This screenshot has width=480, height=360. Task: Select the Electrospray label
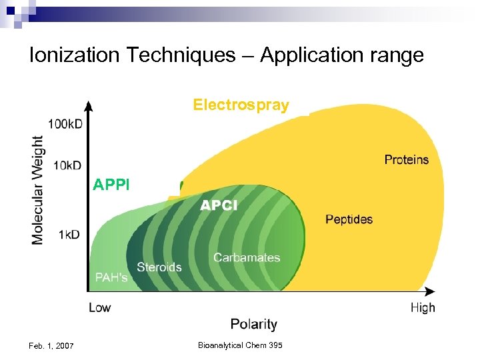[x=241, y=105]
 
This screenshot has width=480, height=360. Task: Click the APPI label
[x=111, y=184]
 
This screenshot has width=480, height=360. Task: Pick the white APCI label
[x=219, y=206]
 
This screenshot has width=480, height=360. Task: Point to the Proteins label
[x=406, y=159]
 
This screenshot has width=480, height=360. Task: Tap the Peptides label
[x=349, y=219]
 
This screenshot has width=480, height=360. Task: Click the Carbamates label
[x=247, y=257]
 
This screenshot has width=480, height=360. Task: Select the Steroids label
[x=159, y=267]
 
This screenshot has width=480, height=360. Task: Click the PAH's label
[x=111, y=277]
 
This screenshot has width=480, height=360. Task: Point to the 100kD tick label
[x=65, y=125]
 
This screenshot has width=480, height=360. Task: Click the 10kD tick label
[x=68, y=165]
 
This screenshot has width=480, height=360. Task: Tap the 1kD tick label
[x=69, y=234]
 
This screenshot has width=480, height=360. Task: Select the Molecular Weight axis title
[x=38, y=190]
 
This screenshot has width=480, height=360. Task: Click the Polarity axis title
[x=253, y=325]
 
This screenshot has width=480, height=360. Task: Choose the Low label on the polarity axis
[x=100, y=307]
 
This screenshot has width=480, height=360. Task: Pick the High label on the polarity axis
[x=423, y=307]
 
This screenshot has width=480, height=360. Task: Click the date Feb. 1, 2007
[x=51, y=345]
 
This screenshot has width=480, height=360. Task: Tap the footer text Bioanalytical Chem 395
[x=240, y=345]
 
